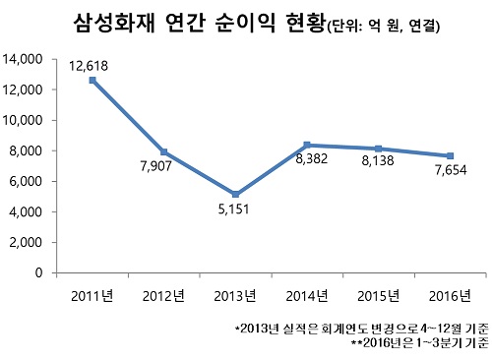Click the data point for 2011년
click(92, 80)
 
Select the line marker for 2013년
click(235, 194)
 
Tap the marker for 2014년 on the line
click(307, 145)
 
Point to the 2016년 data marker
click(450, 155)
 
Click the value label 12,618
click(90, 65)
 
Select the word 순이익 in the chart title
click(248, 25)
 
